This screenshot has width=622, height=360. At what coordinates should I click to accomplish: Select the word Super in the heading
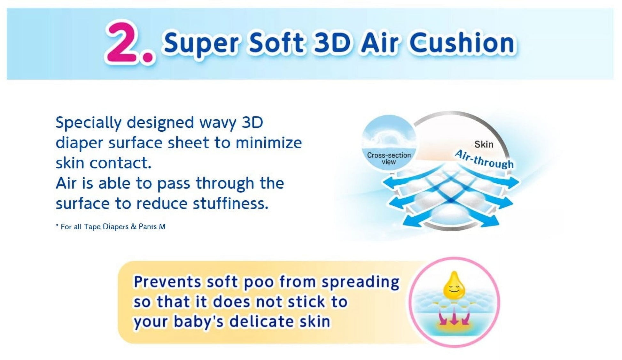(201, 44)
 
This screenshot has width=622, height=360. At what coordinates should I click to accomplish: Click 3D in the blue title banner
(332, 42)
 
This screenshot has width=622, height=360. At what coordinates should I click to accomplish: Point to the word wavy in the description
(218, 123)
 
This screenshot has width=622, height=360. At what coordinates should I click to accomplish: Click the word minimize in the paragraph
(268, 142)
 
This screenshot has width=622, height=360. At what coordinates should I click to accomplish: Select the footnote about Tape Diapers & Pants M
(111, 227)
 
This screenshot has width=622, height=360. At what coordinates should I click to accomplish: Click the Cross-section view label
(389, 158)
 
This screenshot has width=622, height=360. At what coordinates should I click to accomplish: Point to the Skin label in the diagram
(484, 144)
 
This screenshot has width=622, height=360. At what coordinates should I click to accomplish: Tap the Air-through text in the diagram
(484, 159)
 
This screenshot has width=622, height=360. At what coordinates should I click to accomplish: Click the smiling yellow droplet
(454, 285)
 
